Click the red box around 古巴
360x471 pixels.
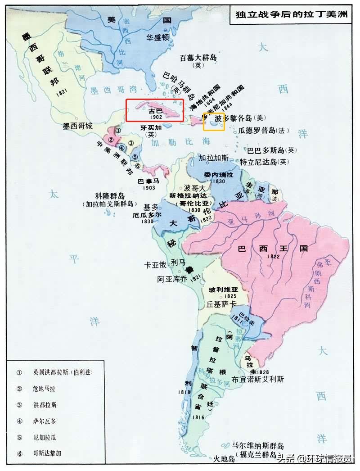pyautogui.click(x=154, y=110)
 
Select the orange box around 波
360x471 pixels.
pyautogui.click(x=214, y=122)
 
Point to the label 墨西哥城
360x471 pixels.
pyautogui.click(x=77, y=126)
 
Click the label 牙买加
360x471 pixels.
pyautogui.click(x=150, y=127)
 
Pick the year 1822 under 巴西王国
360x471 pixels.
pyautogui.click(x=274, y=256)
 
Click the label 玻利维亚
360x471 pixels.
pyautogui.click(x=220, y=290)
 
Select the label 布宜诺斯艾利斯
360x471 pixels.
pyautogui.click(x=258, y=379)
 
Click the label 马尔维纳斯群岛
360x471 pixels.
pyautogui.click(x=258, y=445)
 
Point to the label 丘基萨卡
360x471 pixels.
pyautogui.click(x=221, y=304)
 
